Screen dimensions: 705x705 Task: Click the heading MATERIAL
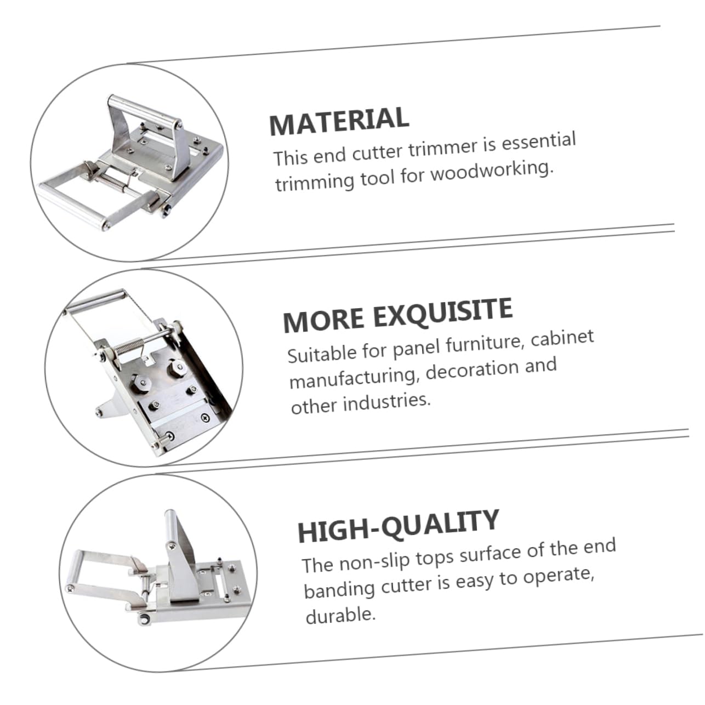pos(339,121)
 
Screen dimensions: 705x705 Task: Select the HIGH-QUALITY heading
pos(398,525)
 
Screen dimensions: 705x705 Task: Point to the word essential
pos(539,141)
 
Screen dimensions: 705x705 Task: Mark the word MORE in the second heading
pos(323,319)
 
